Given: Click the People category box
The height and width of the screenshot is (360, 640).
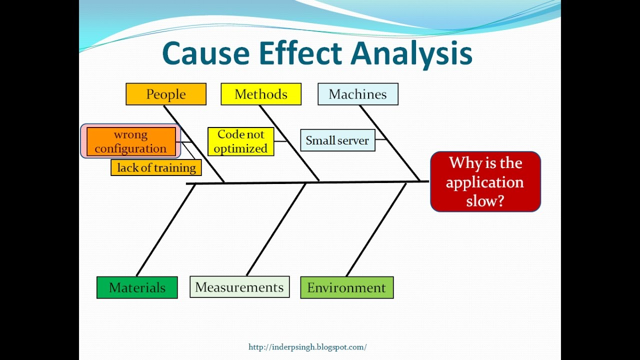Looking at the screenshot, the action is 166,94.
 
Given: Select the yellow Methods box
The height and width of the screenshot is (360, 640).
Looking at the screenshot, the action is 261,94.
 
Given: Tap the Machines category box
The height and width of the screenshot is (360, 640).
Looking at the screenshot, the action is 358,94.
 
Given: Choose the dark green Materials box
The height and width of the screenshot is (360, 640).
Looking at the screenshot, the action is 137,287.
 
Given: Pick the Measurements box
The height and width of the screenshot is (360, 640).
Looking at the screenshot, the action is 239,287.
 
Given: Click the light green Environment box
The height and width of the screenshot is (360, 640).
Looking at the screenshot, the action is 347,287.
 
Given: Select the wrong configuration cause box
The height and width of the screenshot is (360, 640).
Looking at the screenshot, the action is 131,141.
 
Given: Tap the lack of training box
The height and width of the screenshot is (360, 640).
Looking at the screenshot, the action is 156,167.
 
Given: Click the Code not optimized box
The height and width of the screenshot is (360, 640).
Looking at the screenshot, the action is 241,141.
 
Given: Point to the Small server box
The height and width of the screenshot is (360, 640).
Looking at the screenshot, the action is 337,140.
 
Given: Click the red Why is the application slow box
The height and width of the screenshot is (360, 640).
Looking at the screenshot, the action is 485,181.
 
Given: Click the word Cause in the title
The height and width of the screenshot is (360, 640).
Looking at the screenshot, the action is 205,53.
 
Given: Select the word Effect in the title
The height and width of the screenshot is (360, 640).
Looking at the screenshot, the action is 301,53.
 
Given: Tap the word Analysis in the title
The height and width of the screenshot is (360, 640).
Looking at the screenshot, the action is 411,54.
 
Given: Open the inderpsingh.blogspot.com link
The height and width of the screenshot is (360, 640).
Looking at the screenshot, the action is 307,347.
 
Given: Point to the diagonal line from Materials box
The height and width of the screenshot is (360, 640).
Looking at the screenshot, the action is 166,230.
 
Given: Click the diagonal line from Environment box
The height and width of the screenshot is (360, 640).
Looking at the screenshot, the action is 376,229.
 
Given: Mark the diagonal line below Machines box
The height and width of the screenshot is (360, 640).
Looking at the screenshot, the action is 389,143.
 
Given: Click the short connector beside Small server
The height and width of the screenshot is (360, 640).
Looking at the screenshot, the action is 380,139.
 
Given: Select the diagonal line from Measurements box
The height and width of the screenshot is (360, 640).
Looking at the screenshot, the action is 276,229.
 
